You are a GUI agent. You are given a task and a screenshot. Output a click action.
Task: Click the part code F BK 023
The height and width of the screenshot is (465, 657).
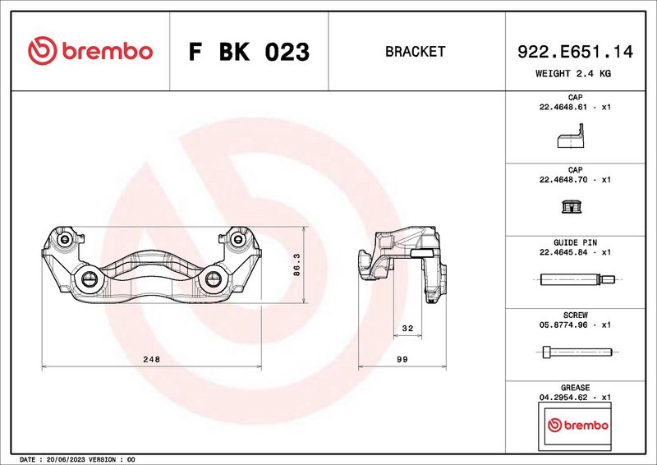tap(249, 52)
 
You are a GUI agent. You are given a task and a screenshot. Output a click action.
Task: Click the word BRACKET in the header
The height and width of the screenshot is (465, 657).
tap(416, 52)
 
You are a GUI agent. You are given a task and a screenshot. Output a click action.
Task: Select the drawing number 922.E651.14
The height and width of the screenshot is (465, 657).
tap(575, 52)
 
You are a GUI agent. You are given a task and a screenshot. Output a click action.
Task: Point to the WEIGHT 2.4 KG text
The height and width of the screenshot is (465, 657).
tap(573, 73)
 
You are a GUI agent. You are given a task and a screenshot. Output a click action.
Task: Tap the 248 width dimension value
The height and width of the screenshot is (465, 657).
tap(152, 359)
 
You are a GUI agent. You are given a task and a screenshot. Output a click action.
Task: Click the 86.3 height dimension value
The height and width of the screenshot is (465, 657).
tap(296, 265)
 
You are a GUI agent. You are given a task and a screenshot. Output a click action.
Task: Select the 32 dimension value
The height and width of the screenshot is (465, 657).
tap(407, 329)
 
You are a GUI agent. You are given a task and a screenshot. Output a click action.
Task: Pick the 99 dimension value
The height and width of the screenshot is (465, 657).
tap(402, 359)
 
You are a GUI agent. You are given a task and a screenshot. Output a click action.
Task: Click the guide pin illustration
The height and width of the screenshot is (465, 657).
tap(577, 279)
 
